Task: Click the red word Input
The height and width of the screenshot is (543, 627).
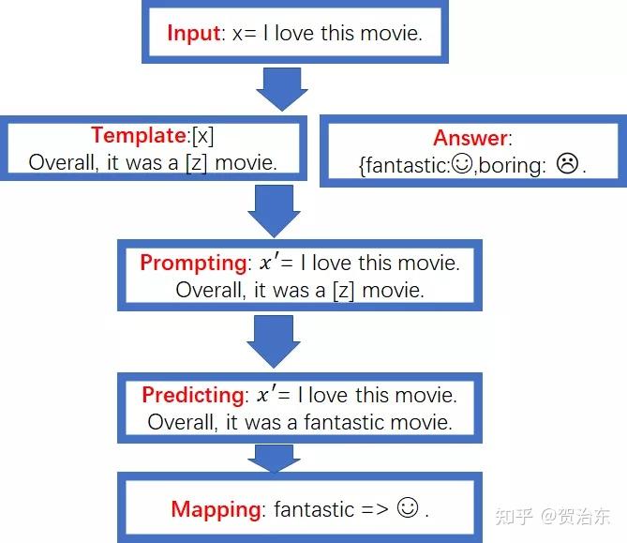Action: pyautogui.click(x=194, y=34)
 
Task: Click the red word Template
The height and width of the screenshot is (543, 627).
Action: pyautogui.click(x=139, y=135)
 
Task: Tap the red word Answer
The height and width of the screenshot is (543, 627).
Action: pyautogui.click(x=470, y=138)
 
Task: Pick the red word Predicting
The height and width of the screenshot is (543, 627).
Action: pyautogui.click(x=193, y=395)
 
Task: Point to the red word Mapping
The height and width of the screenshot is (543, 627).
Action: pyautogui.click(x=216, y=510)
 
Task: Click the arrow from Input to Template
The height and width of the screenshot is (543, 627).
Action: pyautogui.click(x=282, y=89)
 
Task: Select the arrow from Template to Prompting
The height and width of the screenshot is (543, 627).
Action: pyautogui.click(x=274, y=211)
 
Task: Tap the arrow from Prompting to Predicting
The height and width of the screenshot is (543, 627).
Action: pyautogui.click(x=274, y=341)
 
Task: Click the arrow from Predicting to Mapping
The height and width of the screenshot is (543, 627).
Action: pyautogui.click(x=274, y=459)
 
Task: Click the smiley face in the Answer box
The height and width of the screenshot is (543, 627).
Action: pyautogui.click(x=462, y=164)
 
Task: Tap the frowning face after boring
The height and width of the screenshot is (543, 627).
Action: pyautogui.click(x=567, y=163)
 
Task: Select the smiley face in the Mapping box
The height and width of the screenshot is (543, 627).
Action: pyautogui.click(x=408, y=507)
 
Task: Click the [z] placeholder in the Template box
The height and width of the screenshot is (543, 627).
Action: pyautogui.click(x=196, y=163)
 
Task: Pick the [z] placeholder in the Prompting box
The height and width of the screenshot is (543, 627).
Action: pyautogui.click(x=343, y=291)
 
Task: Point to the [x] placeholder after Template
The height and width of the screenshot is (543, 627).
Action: pyautogui.click(x=202, y=136)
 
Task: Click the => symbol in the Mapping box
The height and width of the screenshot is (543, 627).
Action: pyautogui.click(x=374, y=509)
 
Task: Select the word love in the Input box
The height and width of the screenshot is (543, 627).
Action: pyautogui.click(x=294, y=33)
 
